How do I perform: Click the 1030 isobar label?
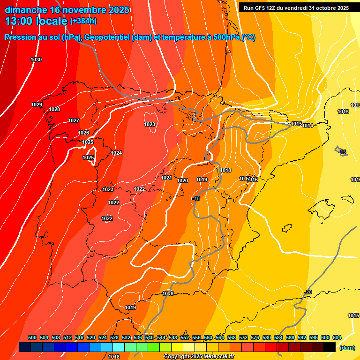(x=36, y=60)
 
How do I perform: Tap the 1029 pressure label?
(x=37, y=105)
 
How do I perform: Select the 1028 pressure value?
(x=54, y=109)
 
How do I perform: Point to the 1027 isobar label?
(x=74, y=120)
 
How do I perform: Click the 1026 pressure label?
(x=83, y=133)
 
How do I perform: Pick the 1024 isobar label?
(x=116, y=153)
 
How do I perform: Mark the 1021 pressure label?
(x=166, y=178)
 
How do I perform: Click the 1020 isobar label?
(x=182, y=180)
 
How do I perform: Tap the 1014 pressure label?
(x=307, y=126)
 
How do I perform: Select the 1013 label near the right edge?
(x=343, y=112)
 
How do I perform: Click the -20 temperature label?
(x=308, y=292)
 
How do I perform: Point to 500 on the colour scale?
(x=32, y=337)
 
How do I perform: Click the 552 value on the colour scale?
(x=185, y=337)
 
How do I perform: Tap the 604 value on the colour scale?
(x=337, y=337)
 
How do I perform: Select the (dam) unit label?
(x=347, y=348)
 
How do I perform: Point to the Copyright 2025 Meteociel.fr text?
(x=199, y=356)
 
